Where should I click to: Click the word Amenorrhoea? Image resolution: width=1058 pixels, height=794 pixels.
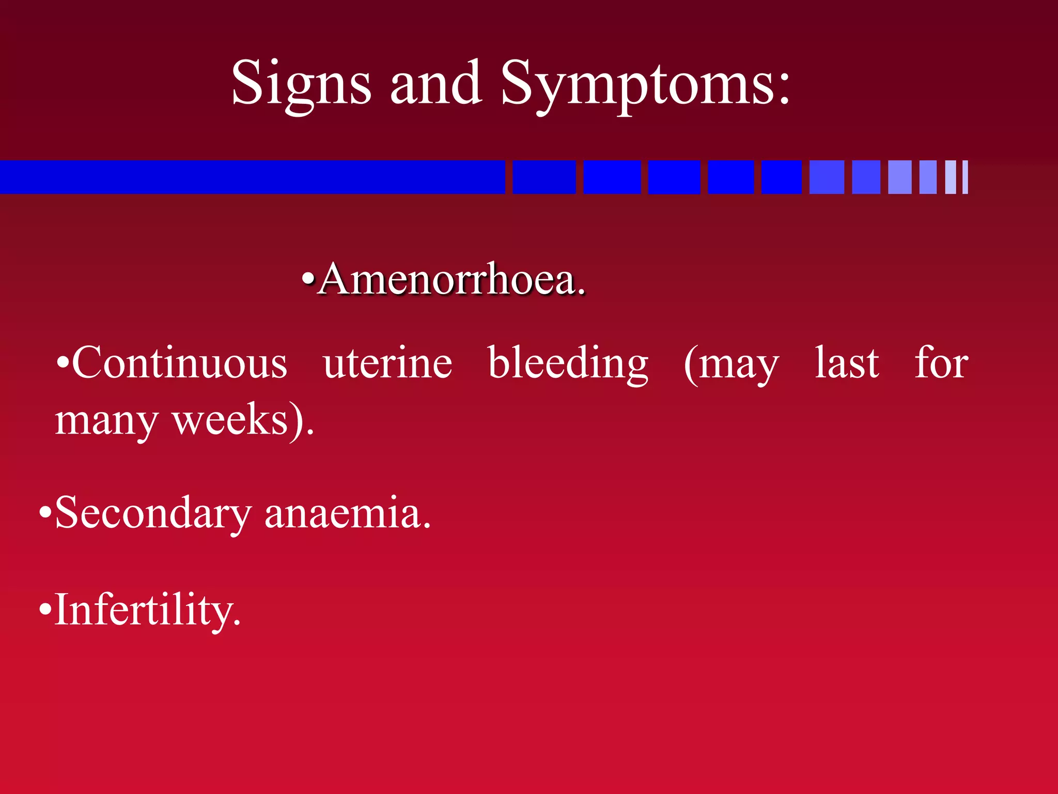point(452,280)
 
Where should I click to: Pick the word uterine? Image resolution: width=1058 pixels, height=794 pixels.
point(387,363)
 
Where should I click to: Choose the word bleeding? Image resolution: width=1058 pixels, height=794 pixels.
point(568,363)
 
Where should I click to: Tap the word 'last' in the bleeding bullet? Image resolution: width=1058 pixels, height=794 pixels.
point(847,363)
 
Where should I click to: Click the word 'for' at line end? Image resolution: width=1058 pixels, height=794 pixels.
point(941,363)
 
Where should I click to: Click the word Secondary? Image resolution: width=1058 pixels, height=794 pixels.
point(153,513)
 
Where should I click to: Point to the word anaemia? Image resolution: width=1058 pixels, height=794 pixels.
point(347,513)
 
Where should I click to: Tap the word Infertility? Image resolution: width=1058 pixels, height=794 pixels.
point(147,610)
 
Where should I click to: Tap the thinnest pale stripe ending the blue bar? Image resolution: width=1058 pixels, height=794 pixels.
point(965,177)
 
